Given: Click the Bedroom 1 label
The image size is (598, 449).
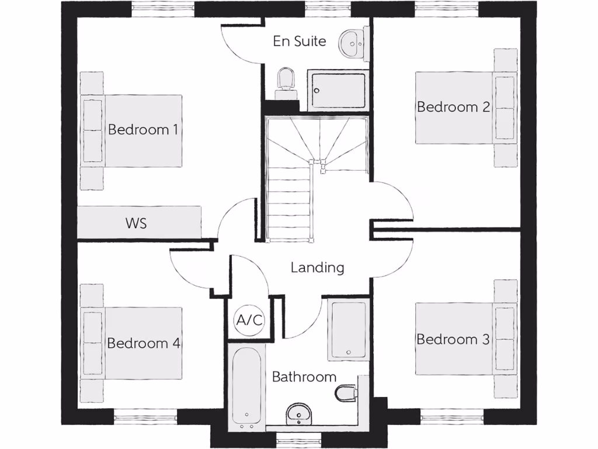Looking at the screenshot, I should [142, 129].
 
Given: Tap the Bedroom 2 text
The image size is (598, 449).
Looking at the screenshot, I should [453, 107].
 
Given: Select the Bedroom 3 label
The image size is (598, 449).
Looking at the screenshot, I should [453, 339].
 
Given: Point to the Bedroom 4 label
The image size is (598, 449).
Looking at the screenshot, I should [142, 343].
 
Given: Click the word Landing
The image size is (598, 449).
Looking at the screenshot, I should [317, 268].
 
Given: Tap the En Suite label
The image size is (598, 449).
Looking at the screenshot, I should [299, 42].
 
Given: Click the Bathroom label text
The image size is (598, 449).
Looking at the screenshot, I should [304, 377].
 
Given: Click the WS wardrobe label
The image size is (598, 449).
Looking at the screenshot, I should [135, 223].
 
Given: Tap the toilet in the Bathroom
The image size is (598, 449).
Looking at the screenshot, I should [346, 392].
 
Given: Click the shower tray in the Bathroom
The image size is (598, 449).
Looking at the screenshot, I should [348, 330].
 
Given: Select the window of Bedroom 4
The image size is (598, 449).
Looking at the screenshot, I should [145, 416].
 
